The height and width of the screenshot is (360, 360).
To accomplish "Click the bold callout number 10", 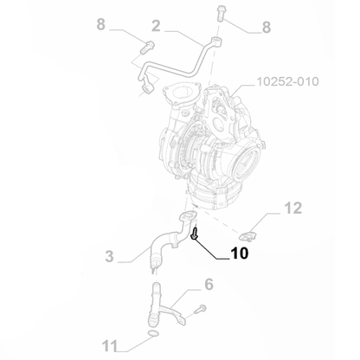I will coord(238,255).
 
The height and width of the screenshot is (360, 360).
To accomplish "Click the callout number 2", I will coord(157,26).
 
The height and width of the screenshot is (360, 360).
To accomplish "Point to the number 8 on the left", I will coord(101,26).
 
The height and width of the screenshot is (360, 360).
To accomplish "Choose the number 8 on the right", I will coord(267,28).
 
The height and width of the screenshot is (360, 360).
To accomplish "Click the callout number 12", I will coord(294,208).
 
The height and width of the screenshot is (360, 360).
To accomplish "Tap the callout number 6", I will coord(209,285).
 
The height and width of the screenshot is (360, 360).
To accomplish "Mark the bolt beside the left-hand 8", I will coord(145,45).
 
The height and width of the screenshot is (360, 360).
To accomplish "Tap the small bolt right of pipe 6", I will coord(200,307).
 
